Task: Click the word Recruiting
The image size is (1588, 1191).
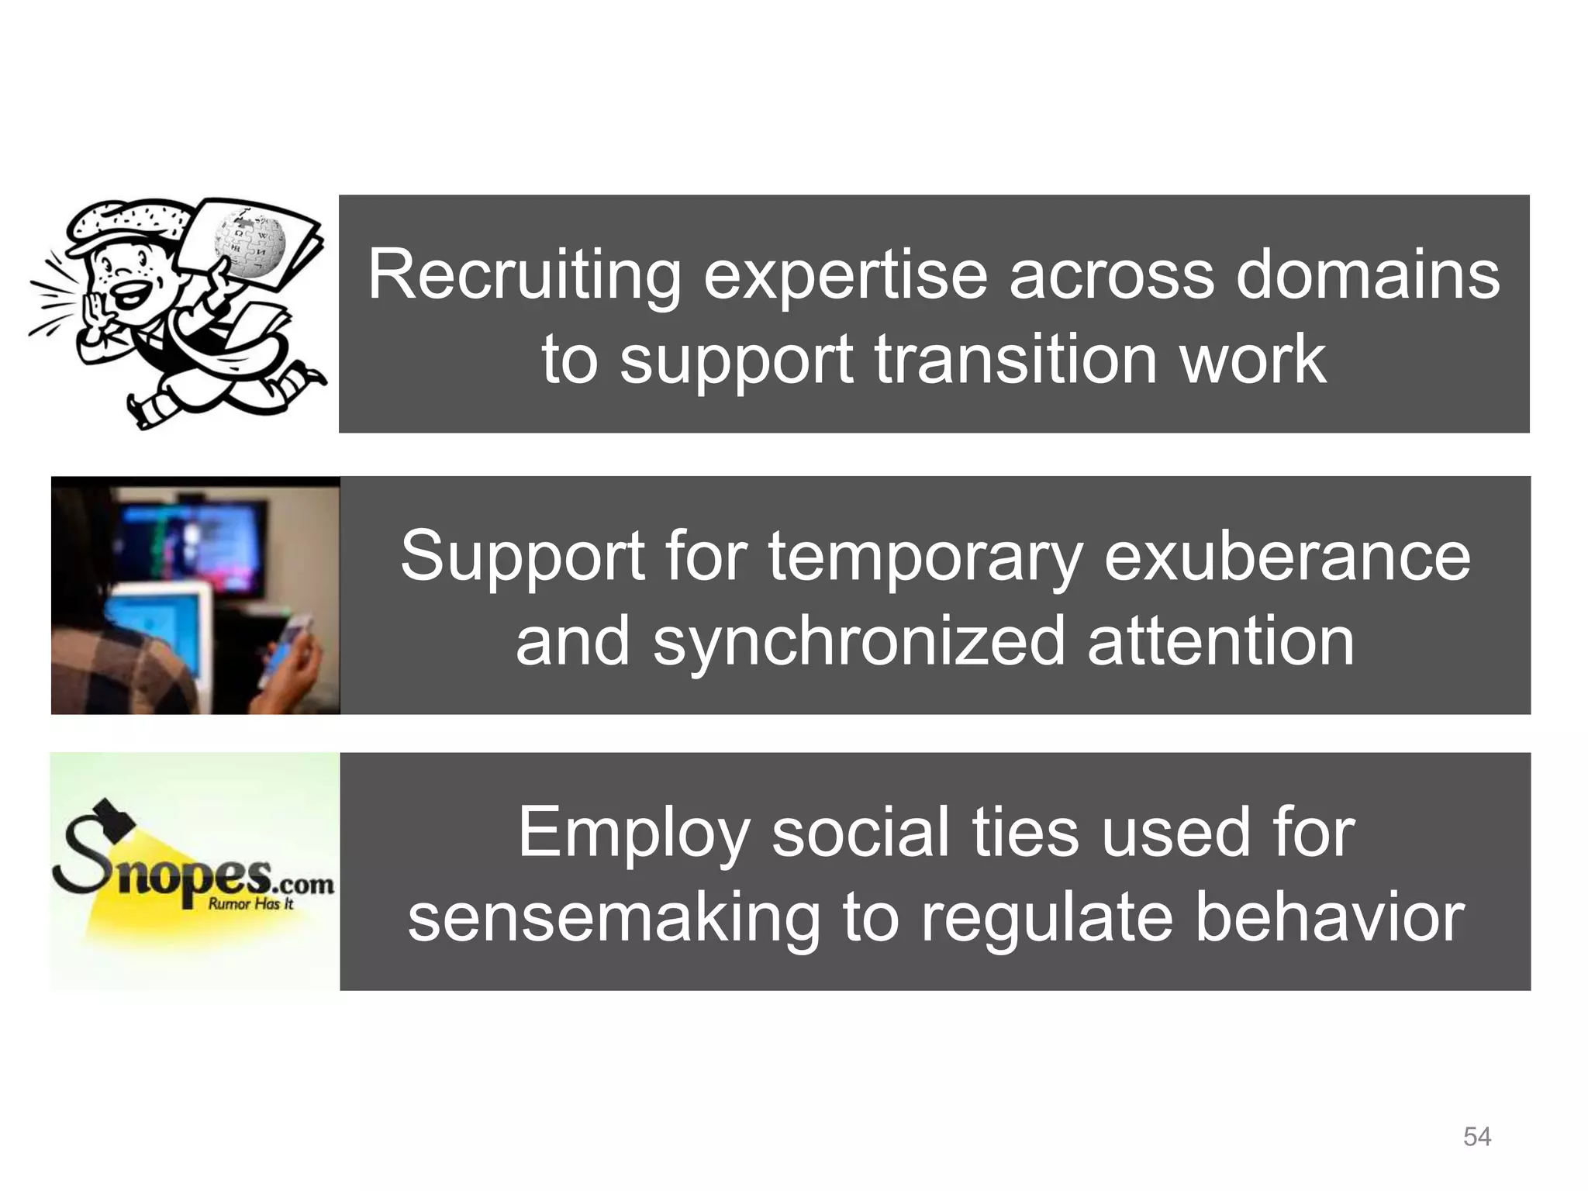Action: click(x=523, y=276)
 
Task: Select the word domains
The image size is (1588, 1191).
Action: click(x=1367, y=276)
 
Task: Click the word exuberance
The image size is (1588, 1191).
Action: click(x=1286, y=557)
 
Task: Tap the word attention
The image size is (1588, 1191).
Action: click(x=1220, y=640)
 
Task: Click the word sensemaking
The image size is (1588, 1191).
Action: click(x=613, y=917)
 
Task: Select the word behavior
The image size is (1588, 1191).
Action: click(x=1329, y=917)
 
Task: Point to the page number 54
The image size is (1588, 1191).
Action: click(x=1476, y=1137)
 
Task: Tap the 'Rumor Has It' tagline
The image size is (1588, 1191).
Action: click(x=250, y=904)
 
